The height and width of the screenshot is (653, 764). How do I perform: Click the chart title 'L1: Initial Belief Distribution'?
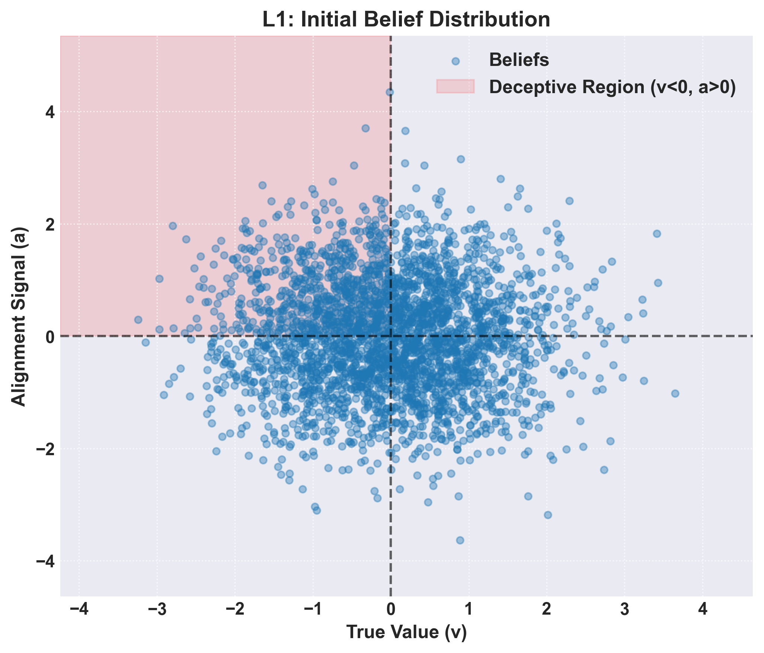point(406,19)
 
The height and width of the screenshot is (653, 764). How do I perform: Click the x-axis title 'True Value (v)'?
point(406,632)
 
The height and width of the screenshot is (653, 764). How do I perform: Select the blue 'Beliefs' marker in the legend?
point(455,61)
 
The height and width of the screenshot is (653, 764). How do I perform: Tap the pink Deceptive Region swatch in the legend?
point(455,86)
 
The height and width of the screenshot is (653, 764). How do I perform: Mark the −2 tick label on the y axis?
point(45,449)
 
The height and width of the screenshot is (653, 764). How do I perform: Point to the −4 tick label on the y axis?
point(45,561)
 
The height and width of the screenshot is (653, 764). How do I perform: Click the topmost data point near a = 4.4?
point(390,92)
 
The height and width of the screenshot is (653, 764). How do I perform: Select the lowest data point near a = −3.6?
point(460,540)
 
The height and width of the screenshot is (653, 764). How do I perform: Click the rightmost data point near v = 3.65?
point(675,393)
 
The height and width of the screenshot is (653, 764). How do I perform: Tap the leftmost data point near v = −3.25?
point(138,320)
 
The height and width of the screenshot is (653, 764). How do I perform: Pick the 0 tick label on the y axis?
point(49,337)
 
